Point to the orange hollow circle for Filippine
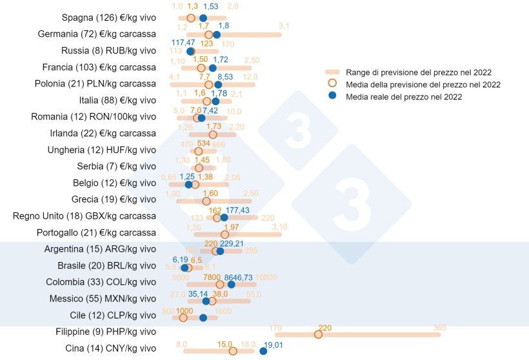318,334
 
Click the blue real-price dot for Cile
203,317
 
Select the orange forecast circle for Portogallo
225,235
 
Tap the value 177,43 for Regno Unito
237,210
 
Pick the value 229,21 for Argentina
232,244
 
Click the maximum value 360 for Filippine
440,327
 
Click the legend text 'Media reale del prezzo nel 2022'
404,97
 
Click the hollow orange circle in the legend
332,84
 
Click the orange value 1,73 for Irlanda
214,126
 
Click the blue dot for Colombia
231,285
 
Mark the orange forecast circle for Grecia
206,201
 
